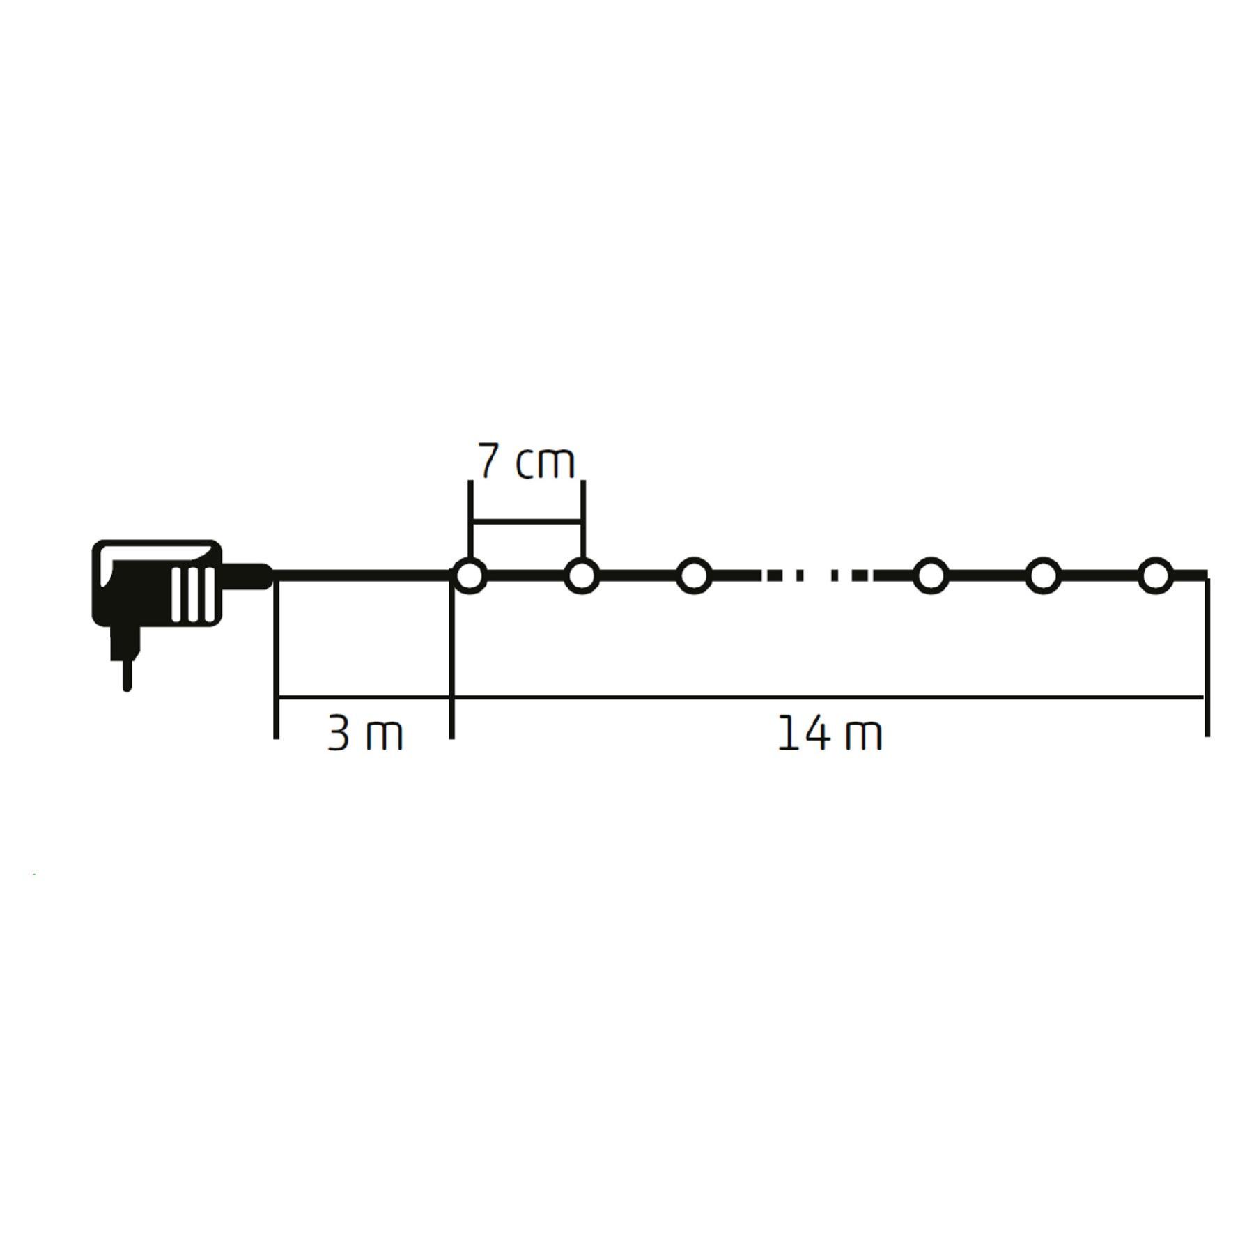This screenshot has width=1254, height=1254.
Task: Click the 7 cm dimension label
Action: coord(527,461)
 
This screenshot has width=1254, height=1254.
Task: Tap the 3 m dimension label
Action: coord(365,734)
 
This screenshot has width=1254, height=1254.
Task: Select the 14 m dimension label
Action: coord(830,734)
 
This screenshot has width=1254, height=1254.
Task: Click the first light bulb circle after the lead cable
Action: coord(470,576)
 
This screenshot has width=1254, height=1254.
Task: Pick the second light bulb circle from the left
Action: coord(582,576)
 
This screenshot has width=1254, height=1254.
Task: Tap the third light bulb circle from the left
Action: coord(694,576)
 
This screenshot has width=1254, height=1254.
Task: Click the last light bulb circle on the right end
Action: coord(1155,576)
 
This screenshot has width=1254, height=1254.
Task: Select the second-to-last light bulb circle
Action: coord(1042,576)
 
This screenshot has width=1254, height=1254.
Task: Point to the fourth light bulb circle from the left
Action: coord(931,576)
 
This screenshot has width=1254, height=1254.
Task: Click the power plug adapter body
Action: coord(157,582)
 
